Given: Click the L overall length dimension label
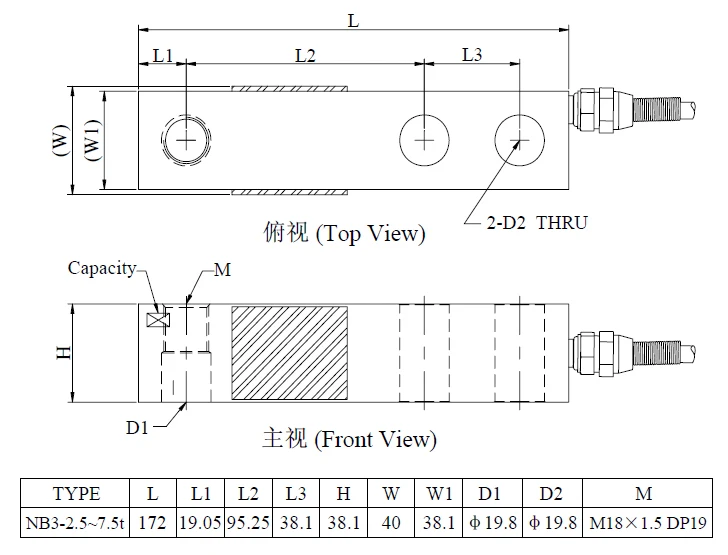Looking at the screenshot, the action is (x=353, y=20).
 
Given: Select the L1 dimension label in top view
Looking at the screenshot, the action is (x=163, y=56).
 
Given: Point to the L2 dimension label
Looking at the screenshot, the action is (x=306, y=56).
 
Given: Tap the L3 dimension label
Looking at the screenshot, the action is (x=472, y=55).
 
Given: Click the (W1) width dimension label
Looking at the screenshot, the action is (x=92, y=140).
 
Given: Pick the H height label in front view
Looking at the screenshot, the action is (x=64, y=353).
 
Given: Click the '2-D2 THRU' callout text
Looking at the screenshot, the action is (x=537, y=223).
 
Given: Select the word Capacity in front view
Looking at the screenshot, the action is (x=102, y=268).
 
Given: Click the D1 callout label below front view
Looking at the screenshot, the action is (x=137, y=427).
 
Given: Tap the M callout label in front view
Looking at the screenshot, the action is (x=222, y=269).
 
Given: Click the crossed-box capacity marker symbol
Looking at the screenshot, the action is (x=158, y=320).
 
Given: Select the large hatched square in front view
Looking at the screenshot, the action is (x=290, y=353).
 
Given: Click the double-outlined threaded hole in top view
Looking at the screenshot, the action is (x=186, y=140).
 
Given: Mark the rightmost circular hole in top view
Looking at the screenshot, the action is (x=519, y=140).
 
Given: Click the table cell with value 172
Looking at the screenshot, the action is (x=153, y=522).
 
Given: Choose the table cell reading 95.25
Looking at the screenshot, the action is (x=248, y=522).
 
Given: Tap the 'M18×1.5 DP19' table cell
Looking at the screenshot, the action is (x=647, y=522).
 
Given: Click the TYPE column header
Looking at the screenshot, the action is (x=75, y=493).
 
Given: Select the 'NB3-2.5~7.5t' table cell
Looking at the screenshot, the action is (x=75, y=522).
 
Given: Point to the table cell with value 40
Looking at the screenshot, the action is (x=391, y=522).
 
